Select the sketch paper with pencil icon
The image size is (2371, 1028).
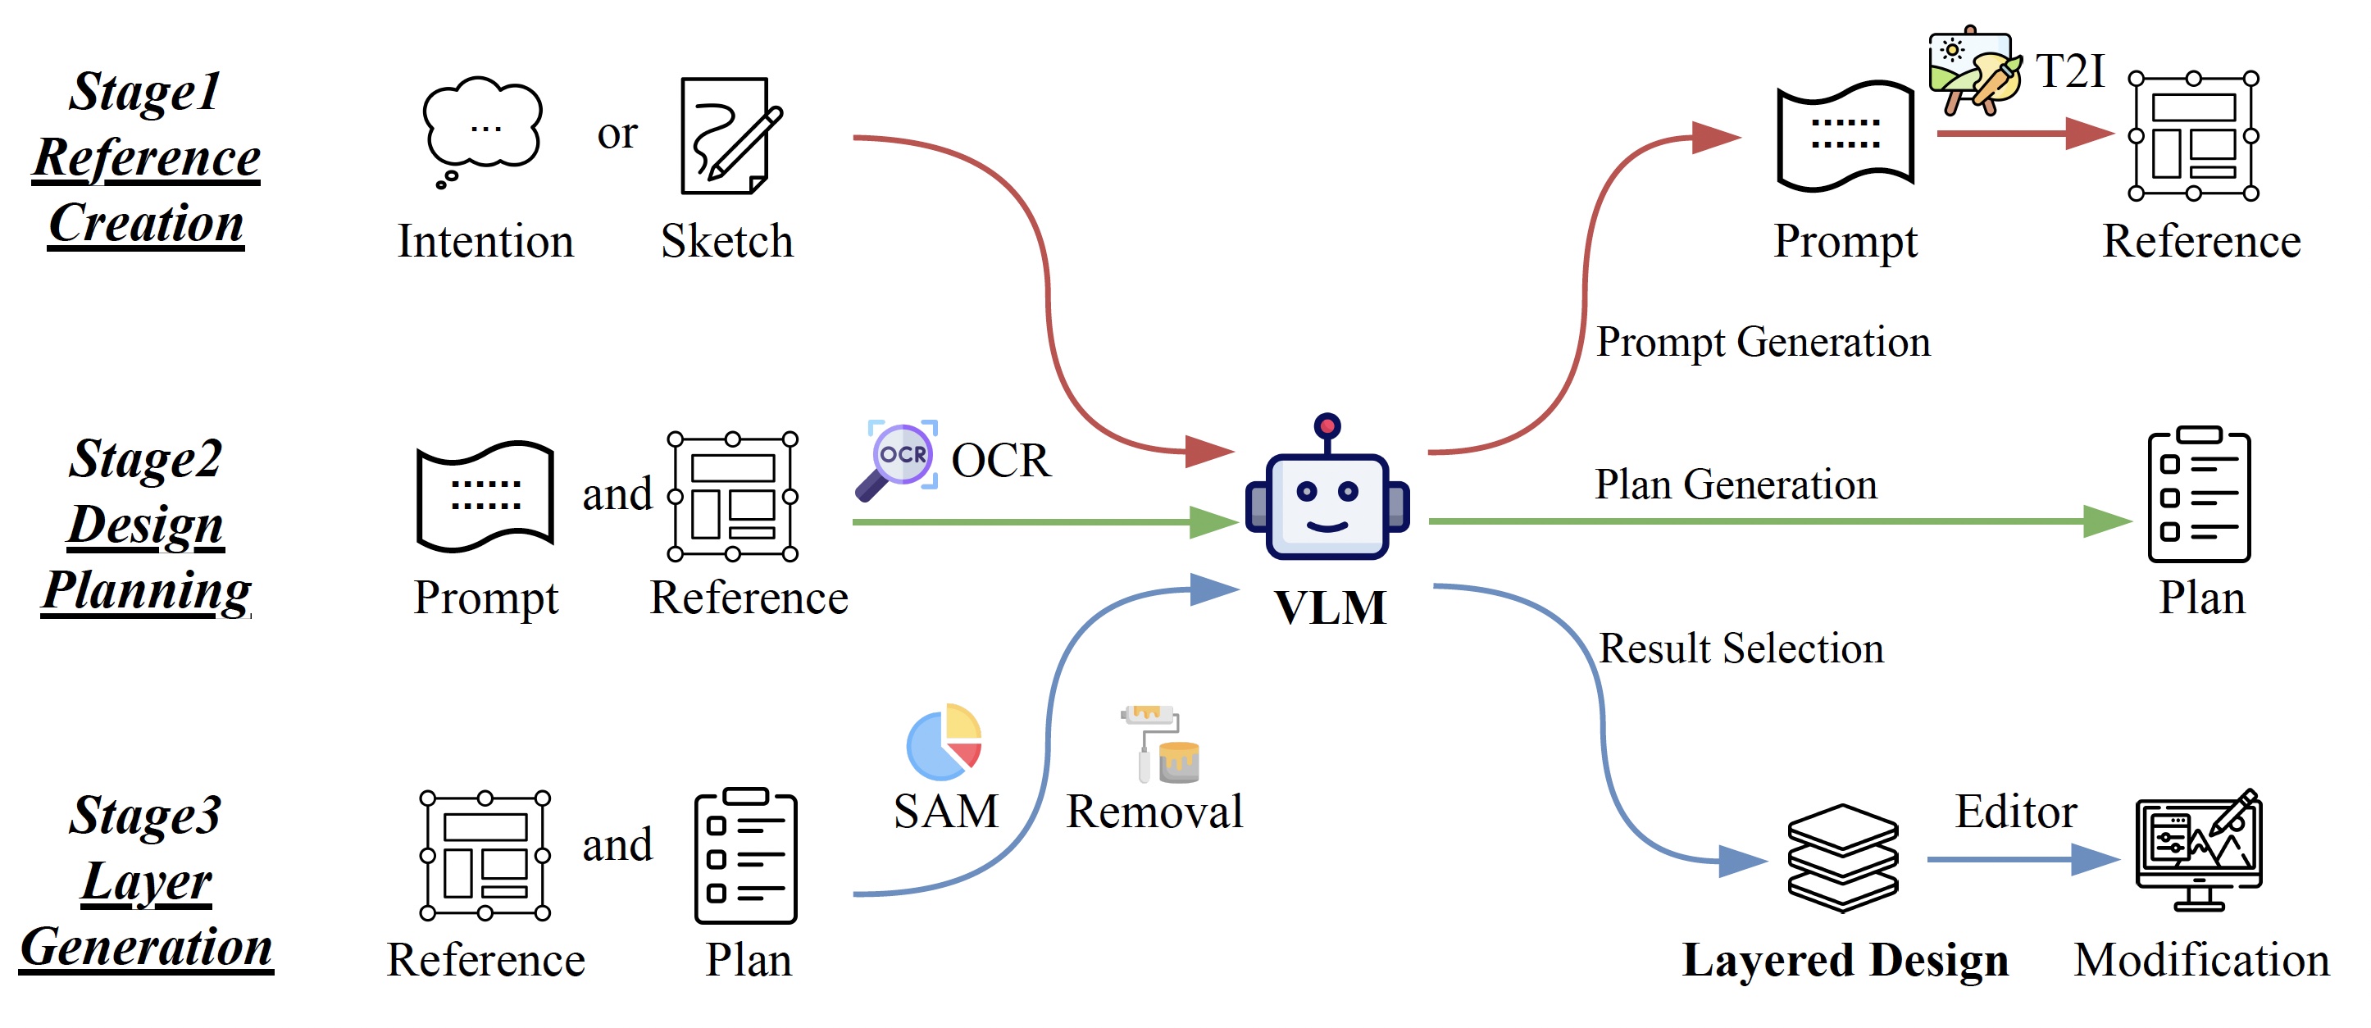[x=728, y=135]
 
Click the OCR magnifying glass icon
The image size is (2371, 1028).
[x=898, y=460]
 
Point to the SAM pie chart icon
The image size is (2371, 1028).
[x=944, y=742]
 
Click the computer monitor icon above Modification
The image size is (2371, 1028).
[x=2198, y=850]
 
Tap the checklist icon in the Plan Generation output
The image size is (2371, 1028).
[x=2198, y=494]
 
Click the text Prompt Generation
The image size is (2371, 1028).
[x=1762, y=343]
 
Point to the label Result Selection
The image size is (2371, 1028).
[x=1741, y=648]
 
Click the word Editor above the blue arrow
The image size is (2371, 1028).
[x=2015, y=812]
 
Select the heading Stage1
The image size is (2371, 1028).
[x=144, y=92]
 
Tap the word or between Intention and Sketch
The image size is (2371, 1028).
[x=617, y=134]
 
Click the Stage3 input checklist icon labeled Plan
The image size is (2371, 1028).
[x=744, y=856]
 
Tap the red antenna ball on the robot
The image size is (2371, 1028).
[x=1327, y=425]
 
